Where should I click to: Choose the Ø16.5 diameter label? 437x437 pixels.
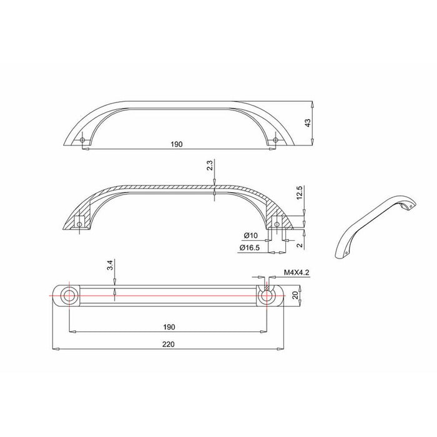pyautogui.click(x=249, y=248)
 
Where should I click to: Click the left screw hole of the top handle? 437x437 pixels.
pyautogui.click(x=84, y=140)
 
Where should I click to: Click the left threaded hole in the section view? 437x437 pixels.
pyautogui.click(x=79, y=221)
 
